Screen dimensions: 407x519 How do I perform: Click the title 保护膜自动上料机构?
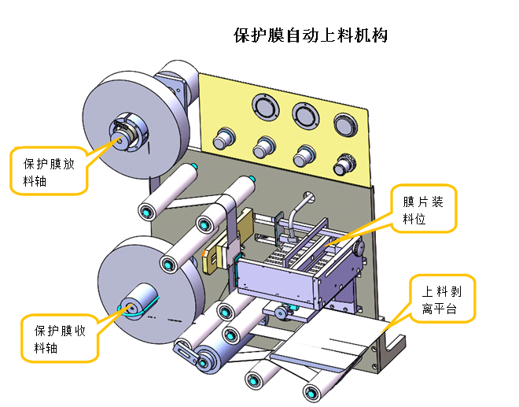pos(311,36)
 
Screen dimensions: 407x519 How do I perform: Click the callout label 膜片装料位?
pos(424,210)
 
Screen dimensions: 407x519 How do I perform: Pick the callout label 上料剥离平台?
pos(442,299)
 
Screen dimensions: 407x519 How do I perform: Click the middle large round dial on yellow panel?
pos(304,114)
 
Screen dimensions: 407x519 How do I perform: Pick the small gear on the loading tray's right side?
pos(359,250)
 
